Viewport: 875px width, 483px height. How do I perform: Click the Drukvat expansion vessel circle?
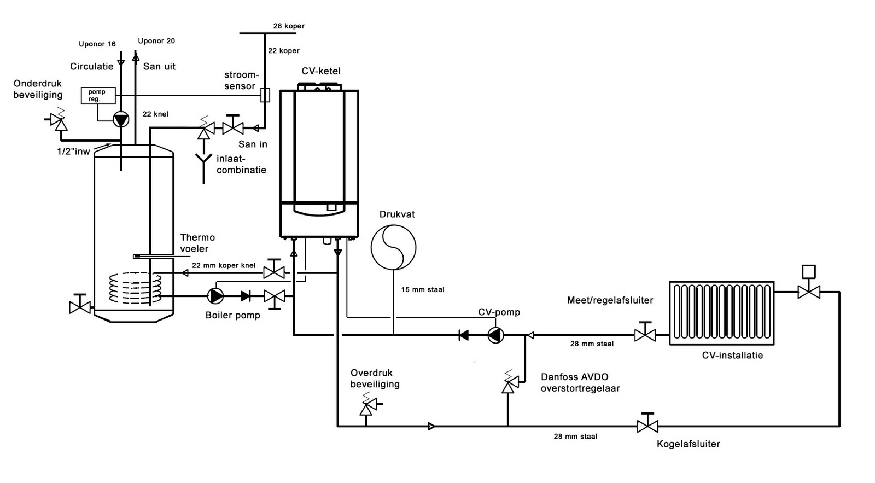click(x=393, y=247)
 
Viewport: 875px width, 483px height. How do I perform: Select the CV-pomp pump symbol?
click(x=495, y=335)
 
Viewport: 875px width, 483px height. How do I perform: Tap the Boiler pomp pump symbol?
click(x=215, y=296)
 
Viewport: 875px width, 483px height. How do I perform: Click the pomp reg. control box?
click(x=98, y=96)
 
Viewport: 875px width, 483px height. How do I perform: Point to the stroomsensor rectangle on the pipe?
click(x=265, y=95)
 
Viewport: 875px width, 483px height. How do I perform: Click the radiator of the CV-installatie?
click(x=721, y=313)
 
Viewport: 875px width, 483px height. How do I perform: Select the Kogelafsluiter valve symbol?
click(x=647, y=425)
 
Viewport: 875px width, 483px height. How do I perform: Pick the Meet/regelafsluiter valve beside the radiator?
click(x=645, y=334)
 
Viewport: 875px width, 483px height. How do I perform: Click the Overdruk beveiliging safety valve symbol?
click(x=366, y=406)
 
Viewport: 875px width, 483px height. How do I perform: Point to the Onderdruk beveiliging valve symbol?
click(x=59, y=121)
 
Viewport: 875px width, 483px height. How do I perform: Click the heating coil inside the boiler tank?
click(x=136, y=288)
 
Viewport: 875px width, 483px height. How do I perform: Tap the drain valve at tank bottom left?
click(x=80, y=307)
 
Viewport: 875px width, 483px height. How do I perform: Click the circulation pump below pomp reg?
click(x=121, y=119)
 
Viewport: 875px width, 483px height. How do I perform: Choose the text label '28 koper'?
click(x=289, y=26)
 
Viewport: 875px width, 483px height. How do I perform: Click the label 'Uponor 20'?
click(x=156, y=41)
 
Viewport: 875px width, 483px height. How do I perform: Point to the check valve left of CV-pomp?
click(x=463, y=335)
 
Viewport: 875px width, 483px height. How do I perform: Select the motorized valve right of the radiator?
click(x=808, y=290)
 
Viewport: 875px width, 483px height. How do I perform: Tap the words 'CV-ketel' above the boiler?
click(x=321, y=71)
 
